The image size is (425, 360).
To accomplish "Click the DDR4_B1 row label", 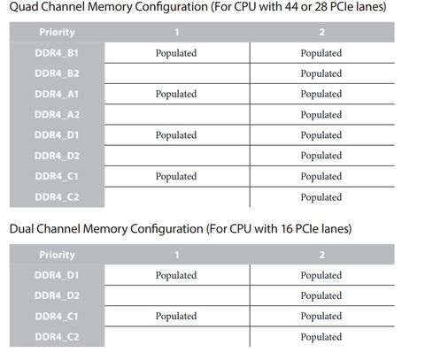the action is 57,53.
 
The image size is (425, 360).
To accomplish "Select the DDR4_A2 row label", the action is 57,114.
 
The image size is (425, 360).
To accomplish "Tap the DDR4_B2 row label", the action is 57,73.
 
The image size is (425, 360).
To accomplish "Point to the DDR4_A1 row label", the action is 57,94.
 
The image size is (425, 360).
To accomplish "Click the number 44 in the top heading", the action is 291,6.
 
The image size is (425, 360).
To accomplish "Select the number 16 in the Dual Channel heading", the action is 286,229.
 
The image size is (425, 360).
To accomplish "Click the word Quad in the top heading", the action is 23,6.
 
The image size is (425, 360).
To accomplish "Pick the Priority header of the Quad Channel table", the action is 57,32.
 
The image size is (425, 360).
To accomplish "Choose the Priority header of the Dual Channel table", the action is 57,255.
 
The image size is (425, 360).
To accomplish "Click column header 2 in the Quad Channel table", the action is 322,32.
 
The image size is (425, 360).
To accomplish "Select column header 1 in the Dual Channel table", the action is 177,255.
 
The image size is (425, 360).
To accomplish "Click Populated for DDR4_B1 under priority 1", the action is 176,53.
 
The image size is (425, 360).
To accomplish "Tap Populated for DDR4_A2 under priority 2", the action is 321,114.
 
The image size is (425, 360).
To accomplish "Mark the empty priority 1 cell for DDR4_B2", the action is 177,73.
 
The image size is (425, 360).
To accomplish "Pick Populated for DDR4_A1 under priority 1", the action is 176,94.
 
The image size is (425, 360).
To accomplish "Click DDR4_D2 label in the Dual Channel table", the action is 57,295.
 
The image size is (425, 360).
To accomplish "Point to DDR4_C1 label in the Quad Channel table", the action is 57,176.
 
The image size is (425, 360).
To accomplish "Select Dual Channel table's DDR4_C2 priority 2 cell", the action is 321,337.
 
